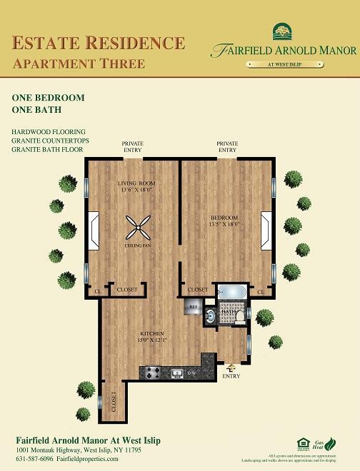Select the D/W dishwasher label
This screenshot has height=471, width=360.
point(191,373)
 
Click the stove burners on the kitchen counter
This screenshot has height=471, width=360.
point(151,372)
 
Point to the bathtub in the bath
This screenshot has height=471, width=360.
point(233,292)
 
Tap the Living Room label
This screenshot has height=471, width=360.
point(136,183)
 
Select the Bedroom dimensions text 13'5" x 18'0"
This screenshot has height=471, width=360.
point(225,223)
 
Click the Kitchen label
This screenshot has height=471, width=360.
point(153,333)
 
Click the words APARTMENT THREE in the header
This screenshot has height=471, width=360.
point(79,64)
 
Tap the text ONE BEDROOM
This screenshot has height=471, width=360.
point(49,97)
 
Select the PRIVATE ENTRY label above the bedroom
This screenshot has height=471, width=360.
point(227,147)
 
